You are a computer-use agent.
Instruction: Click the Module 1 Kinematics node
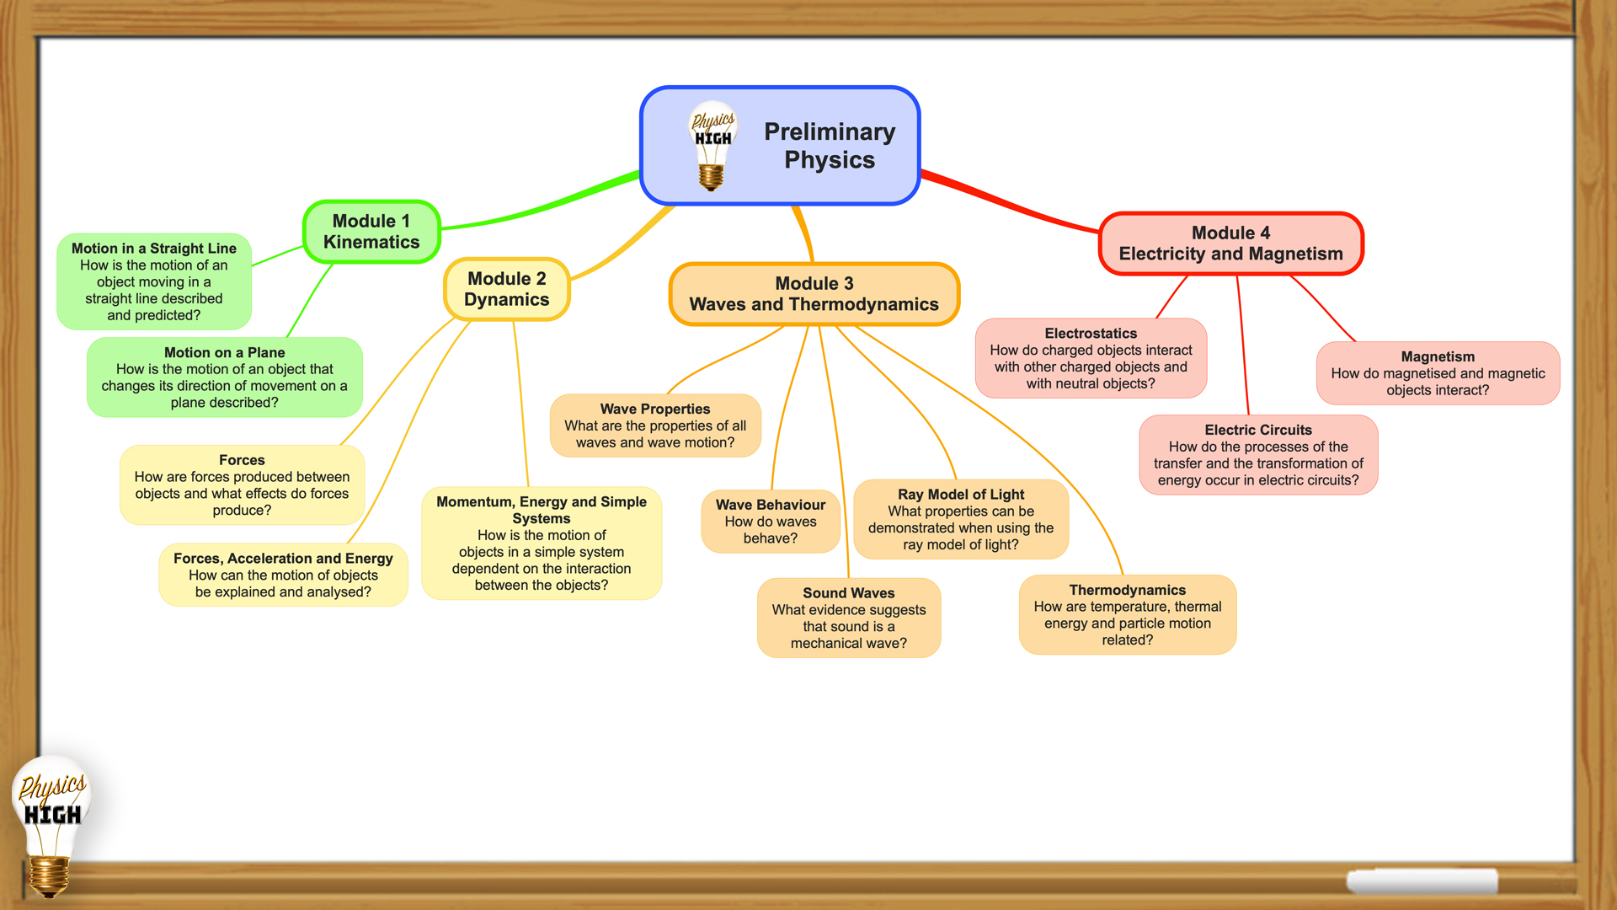point(371,232)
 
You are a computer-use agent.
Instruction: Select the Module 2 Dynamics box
point(507,289)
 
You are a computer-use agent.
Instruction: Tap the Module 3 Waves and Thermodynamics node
point(814,294)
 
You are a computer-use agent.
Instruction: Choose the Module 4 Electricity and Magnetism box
point(1230,244)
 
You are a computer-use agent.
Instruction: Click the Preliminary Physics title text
point(830,146)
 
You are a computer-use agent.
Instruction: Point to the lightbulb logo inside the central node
point(712,146)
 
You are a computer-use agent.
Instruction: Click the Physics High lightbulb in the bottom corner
point(51,826)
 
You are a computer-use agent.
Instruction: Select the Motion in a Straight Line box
point(154,281)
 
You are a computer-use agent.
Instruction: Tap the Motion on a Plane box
point(225,377)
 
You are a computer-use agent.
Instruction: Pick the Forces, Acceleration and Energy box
point(283,575)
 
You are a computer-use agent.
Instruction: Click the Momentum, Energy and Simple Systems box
point(542,543)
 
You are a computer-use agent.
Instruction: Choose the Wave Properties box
point(655,426)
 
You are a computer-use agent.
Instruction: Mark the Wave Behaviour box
point(771,522)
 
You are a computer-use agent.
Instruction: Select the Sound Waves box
point(849,618)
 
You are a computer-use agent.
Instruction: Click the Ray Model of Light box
point(961,519)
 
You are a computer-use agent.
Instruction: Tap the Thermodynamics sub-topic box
point(1128,615)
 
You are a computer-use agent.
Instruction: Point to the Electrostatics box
point(1091,358)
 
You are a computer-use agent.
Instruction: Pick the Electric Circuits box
point(1258,455)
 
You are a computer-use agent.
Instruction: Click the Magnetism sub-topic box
point(1438,373)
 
